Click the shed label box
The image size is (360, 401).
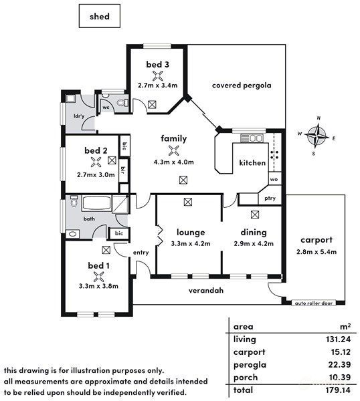(x=100, y=15)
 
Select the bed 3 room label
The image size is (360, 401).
(x=157, y=64)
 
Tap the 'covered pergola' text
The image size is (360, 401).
(x=241, y=86)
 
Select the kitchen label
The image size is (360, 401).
(x=252, y=162)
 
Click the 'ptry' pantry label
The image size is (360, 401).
(x=270, y=198)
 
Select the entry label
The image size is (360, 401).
(x=141, y=252)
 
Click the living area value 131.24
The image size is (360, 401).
(x=335, y=340)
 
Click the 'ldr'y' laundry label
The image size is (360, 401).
(x=78, y=116)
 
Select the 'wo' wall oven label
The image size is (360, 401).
(x=273, y=179)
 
